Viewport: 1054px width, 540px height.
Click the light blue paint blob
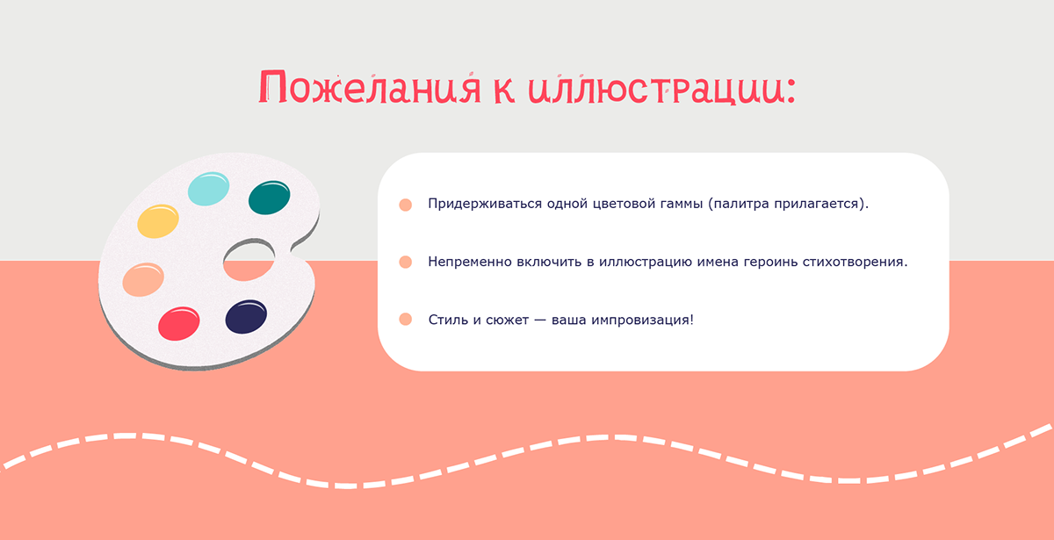(209, 188)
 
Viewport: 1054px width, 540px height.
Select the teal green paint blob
(270, 198)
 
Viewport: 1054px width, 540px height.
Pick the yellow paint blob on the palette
(159, 220)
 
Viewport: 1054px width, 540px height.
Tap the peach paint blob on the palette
(142, 279)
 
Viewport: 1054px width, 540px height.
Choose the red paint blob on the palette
(178, 322)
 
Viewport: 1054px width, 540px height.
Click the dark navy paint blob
(246, 316)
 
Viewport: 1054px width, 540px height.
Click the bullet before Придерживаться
(405, 205)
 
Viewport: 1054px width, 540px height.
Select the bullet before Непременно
(405, 263)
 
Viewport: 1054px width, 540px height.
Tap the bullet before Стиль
(405, 320)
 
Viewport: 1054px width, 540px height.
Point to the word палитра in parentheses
(739, 205)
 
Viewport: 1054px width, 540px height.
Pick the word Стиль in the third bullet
(447, 320)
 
